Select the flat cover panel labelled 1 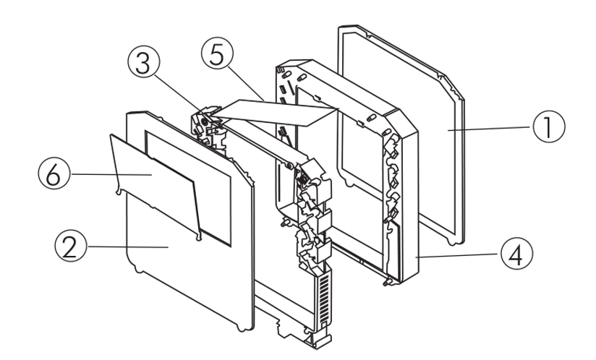click(405, 145)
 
